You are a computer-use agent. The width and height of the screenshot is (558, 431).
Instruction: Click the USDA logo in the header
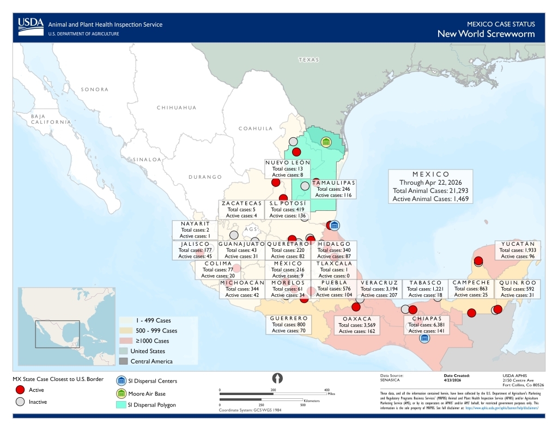[31, 25]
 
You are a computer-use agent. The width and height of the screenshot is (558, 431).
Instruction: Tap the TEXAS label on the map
[308, 59]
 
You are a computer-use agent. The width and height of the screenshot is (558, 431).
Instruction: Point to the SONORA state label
[95, 89]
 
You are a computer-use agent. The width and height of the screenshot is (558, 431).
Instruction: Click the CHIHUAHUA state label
[177, 108]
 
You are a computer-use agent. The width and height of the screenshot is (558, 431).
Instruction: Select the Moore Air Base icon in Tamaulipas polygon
[326, 142]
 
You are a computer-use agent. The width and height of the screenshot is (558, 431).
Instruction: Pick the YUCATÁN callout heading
[518, 244]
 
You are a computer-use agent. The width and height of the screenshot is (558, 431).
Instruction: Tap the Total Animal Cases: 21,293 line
[430, 191]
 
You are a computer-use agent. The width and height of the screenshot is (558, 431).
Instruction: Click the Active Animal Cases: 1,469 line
[430, 199]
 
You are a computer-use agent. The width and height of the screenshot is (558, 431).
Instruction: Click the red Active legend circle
[20, 390]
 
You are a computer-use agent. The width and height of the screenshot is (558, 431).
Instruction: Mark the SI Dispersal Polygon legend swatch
[121, 405]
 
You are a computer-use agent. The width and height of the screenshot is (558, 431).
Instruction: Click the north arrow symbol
[277, 378]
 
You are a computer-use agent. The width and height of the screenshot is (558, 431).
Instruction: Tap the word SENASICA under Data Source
[391, 380]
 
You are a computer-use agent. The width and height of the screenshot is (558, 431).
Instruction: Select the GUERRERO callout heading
[289, 318]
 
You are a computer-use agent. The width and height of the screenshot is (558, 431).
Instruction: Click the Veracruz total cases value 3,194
[392, 288]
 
